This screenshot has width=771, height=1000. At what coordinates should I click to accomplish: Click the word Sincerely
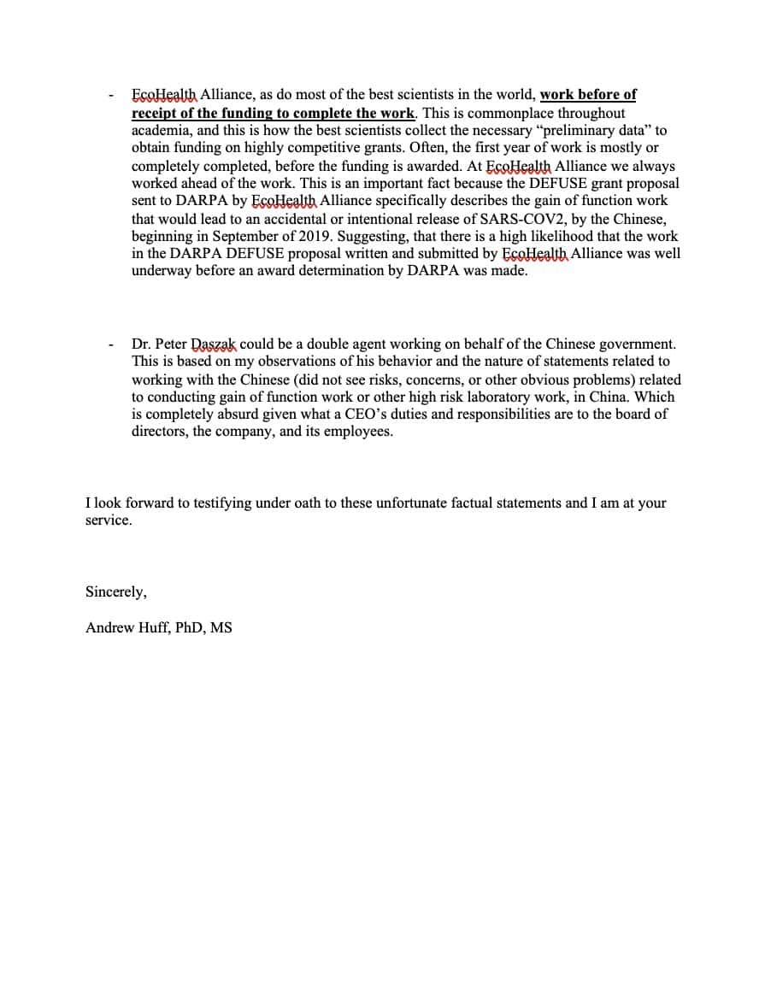pos(115,591)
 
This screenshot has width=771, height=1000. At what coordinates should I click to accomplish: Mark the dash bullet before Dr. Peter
pos(110,344)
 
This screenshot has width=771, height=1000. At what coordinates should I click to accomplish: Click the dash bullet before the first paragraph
pos(110,95)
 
